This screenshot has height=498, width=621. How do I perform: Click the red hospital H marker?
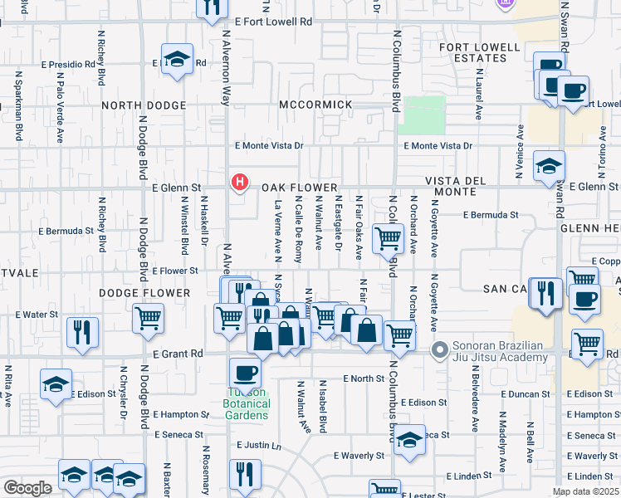pos(240,182)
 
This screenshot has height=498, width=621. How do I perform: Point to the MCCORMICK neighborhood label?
pos(315,105)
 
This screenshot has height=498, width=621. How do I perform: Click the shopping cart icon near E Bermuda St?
pos(389,239)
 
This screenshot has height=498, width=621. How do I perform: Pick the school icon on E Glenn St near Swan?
pos(549,166)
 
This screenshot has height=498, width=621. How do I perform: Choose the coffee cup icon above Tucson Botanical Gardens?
pos(245,373)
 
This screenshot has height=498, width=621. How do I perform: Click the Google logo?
pos(27,488)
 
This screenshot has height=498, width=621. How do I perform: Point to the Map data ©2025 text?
pos(585,491)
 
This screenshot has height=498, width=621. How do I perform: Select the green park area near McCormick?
pos(422,115)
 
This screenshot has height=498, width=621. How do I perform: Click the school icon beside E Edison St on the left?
pos(56,384)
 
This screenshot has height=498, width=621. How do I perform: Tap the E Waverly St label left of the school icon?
pos(359,456)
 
